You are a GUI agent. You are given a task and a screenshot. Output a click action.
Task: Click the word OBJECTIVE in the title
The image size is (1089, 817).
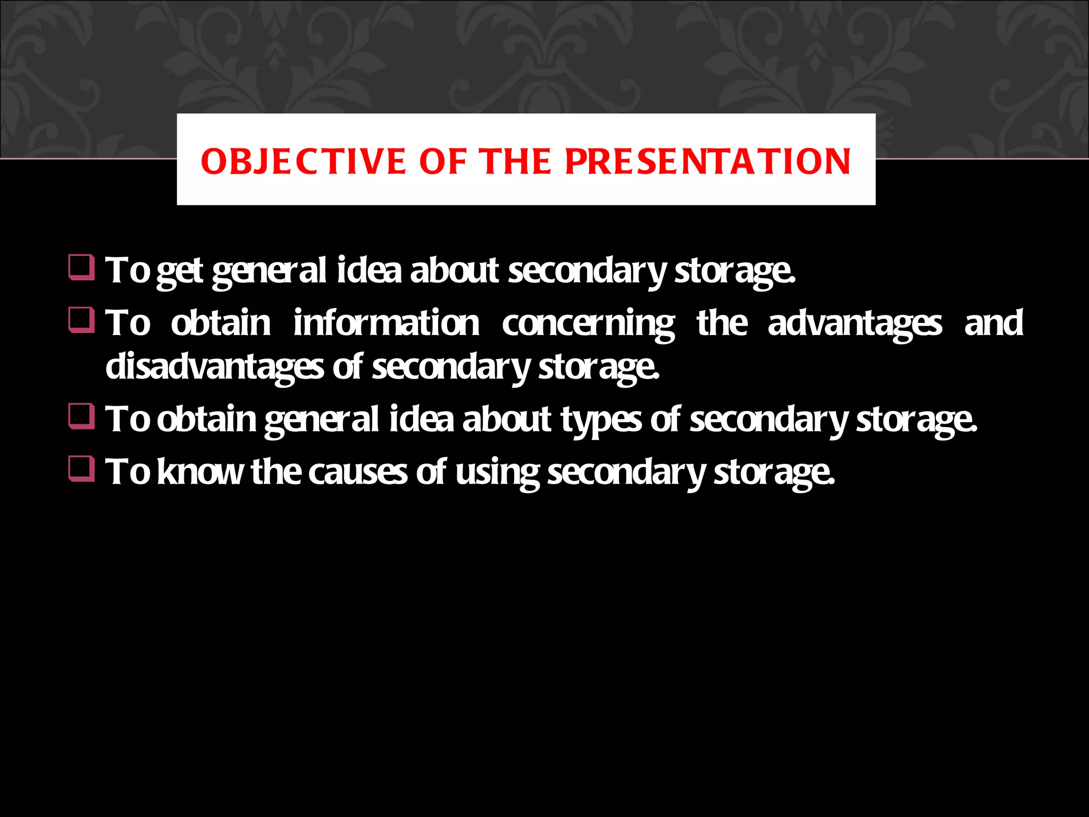pyautogui.click(x=303, y=162)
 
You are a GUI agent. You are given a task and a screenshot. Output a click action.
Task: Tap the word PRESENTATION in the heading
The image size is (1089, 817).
pyautogui.click(x=707, y=162)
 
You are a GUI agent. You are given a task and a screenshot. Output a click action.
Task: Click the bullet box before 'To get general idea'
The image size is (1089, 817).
pyautogui.click(x=81, y=268)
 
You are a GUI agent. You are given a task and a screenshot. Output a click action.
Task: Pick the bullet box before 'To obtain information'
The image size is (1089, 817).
pyautogui.click(x=81, y=320)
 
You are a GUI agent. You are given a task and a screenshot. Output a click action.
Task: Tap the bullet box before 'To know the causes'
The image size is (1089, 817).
pyautogui.click(x=81, y=469)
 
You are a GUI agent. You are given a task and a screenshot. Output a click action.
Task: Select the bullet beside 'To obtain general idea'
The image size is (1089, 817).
pyautogui.click(x=81, y=416)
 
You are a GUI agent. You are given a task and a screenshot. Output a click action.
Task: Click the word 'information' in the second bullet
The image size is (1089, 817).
pyautogui.click(x=386, y=323)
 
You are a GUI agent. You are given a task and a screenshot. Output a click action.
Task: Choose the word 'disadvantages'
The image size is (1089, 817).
pyautogui.click(x=214, y=367)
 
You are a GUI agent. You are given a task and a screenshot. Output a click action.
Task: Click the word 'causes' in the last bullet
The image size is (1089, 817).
pyautogui.click(x=357, y=472)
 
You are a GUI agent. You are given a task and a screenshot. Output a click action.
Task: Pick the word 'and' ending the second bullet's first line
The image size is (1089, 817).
pyautogui.click(x=993, y=323)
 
